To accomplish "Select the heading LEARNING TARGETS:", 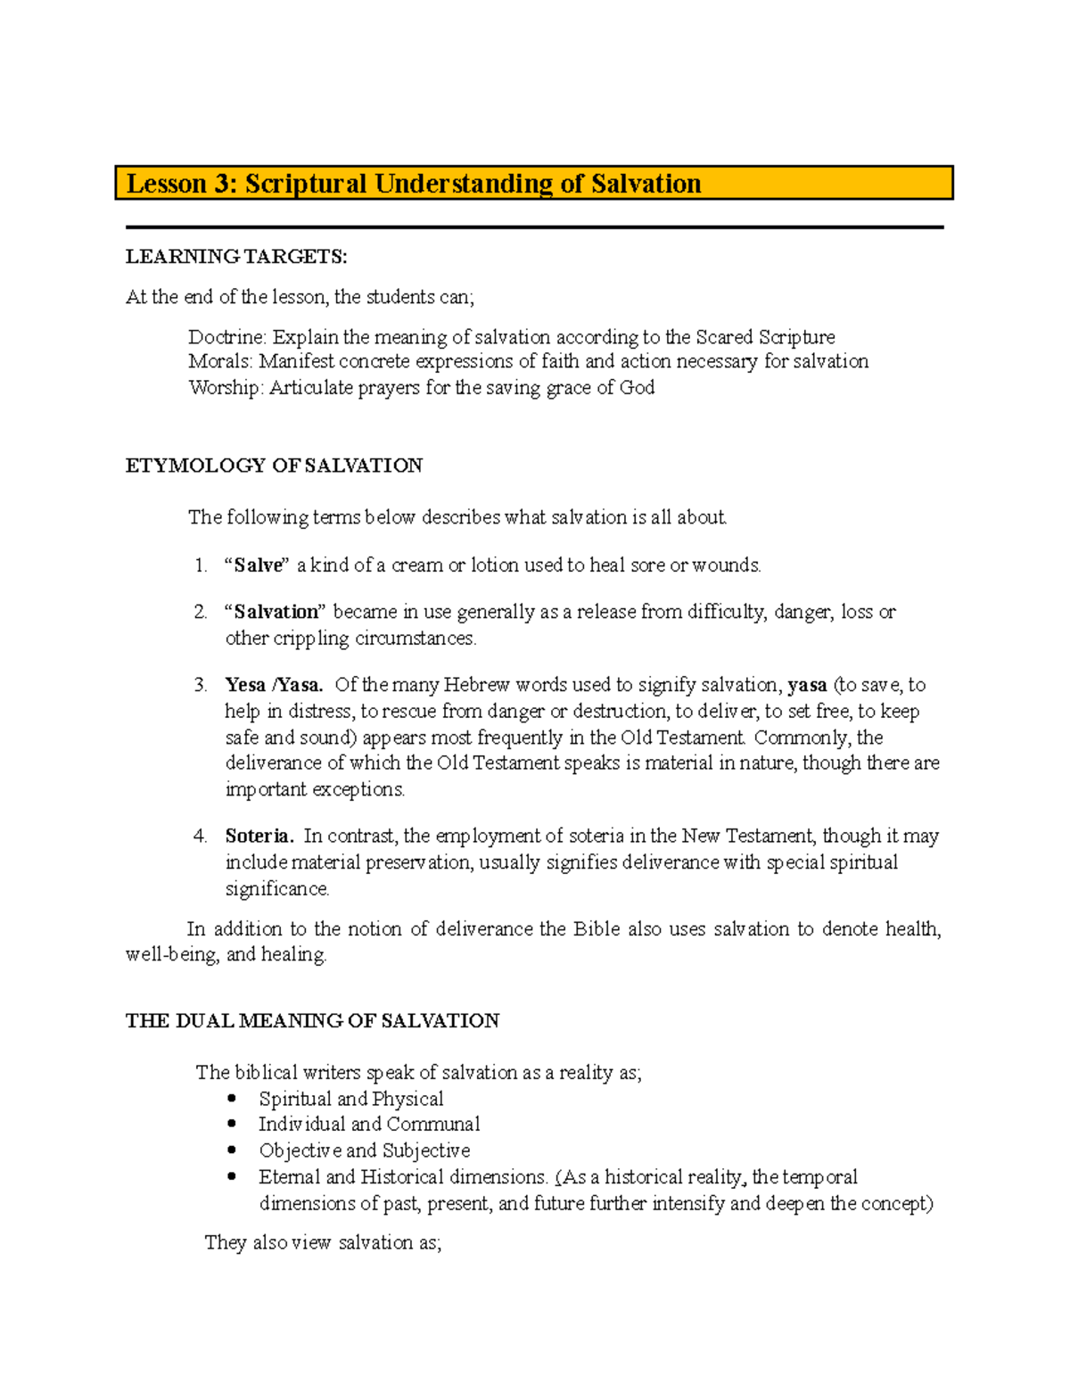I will tap(236, 257).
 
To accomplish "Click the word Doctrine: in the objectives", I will tap(226, 337).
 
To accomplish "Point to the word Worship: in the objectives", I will tap(226, 387).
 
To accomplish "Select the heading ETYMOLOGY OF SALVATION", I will tap(274, 466).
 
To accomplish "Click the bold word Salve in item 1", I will tap(258, 565).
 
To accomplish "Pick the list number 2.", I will tap(200, 612).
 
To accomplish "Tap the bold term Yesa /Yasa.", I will tap(274, 685).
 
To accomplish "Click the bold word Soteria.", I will tap(259, 837).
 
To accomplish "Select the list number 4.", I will tap(200, 837).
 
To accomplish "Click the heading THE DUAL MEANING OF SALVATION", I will tap(312, 1021).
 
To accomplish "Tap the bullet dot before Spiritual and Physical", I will tap(233, 1099).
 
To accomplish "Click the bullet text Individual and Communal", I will tap(369, 1125).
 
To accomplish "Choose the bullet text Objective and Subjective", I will tap(364, 1150).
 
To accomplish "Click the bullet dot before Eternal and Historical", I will tap(233, 1176).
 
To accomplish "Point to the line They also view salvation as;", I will tap(323, 1242).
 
